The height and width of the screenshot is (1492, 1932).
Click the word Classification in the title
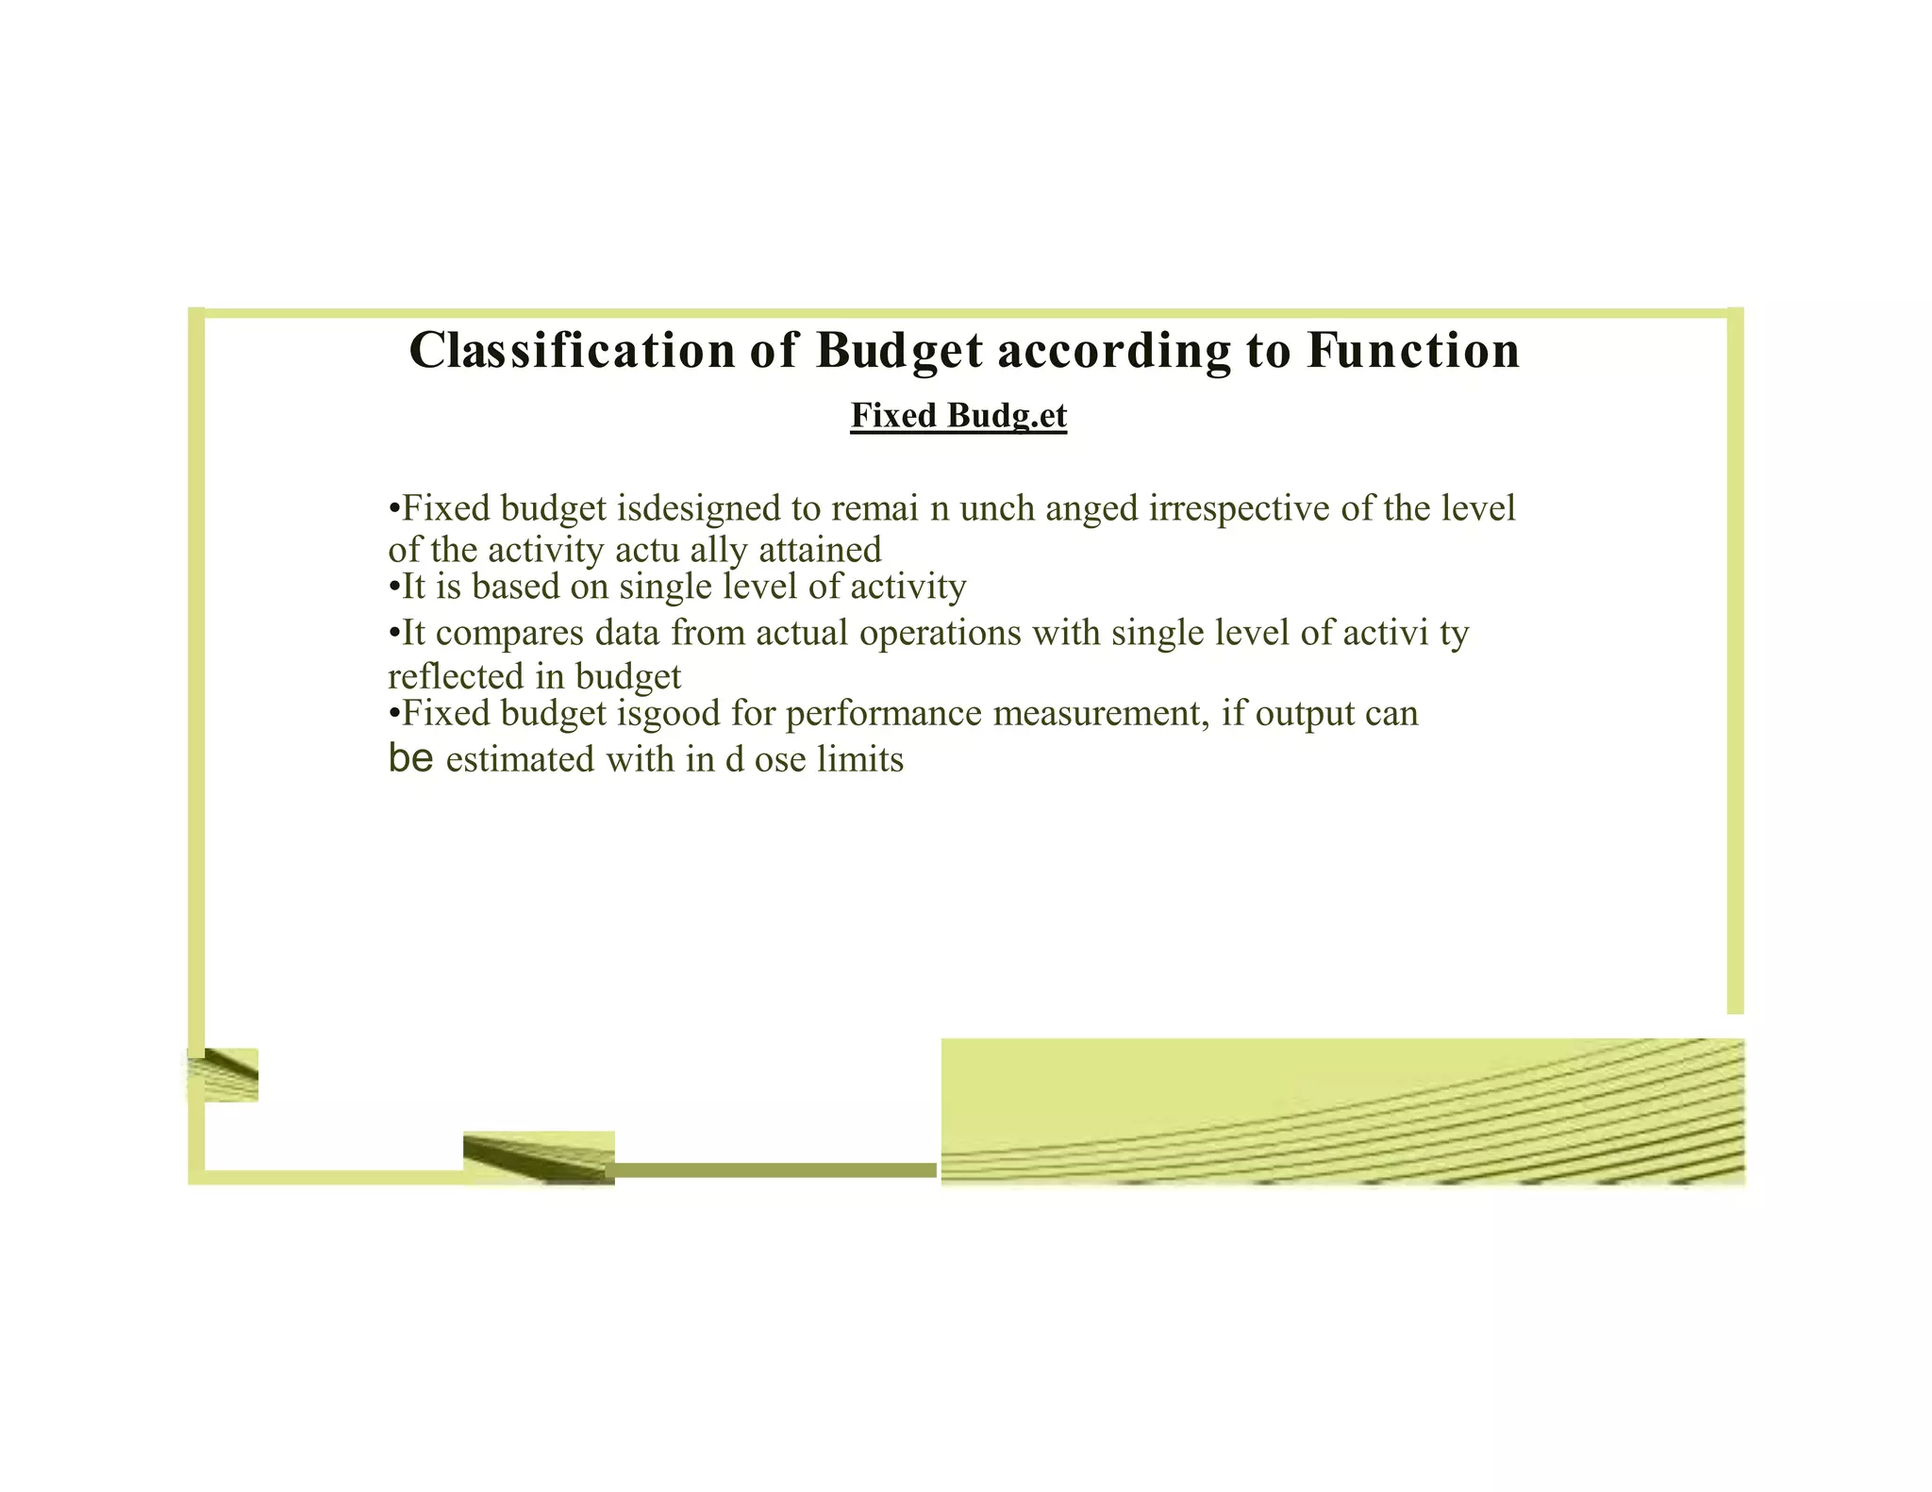coord(572,350)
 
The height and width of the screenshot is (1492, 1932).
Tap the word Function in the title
coord(1413,350)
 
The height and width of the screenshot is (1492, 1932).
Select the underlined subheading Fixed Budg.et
coord(958,415)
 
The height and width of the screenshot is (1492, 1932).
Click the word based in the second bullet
coord(515,587)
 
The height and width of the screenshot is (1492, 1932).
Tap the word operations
coord(940,632)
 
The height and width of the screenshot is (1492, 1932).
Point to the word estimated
coord(520,759)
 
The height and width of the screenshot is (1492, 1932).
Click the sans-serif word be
coord(410,757)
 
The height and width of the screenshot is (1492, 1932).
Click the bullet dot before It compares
coord(394,633)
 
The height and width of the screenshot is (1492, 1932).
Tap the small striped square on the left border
coord(225,1074)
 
